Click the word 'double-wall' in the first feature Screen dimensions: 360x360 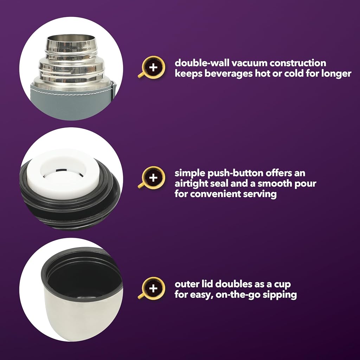tap(202, 63)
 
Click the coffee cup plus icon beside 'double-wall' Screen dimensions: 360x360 tap(152, 67)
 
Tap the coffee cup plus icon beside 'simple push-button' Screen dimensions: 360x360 tap(152, 178)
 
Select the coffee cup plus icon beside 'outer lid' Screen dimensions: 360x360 tap(152, 288)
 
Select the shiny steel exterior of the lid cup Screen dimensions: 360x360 tap(81, 319)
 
